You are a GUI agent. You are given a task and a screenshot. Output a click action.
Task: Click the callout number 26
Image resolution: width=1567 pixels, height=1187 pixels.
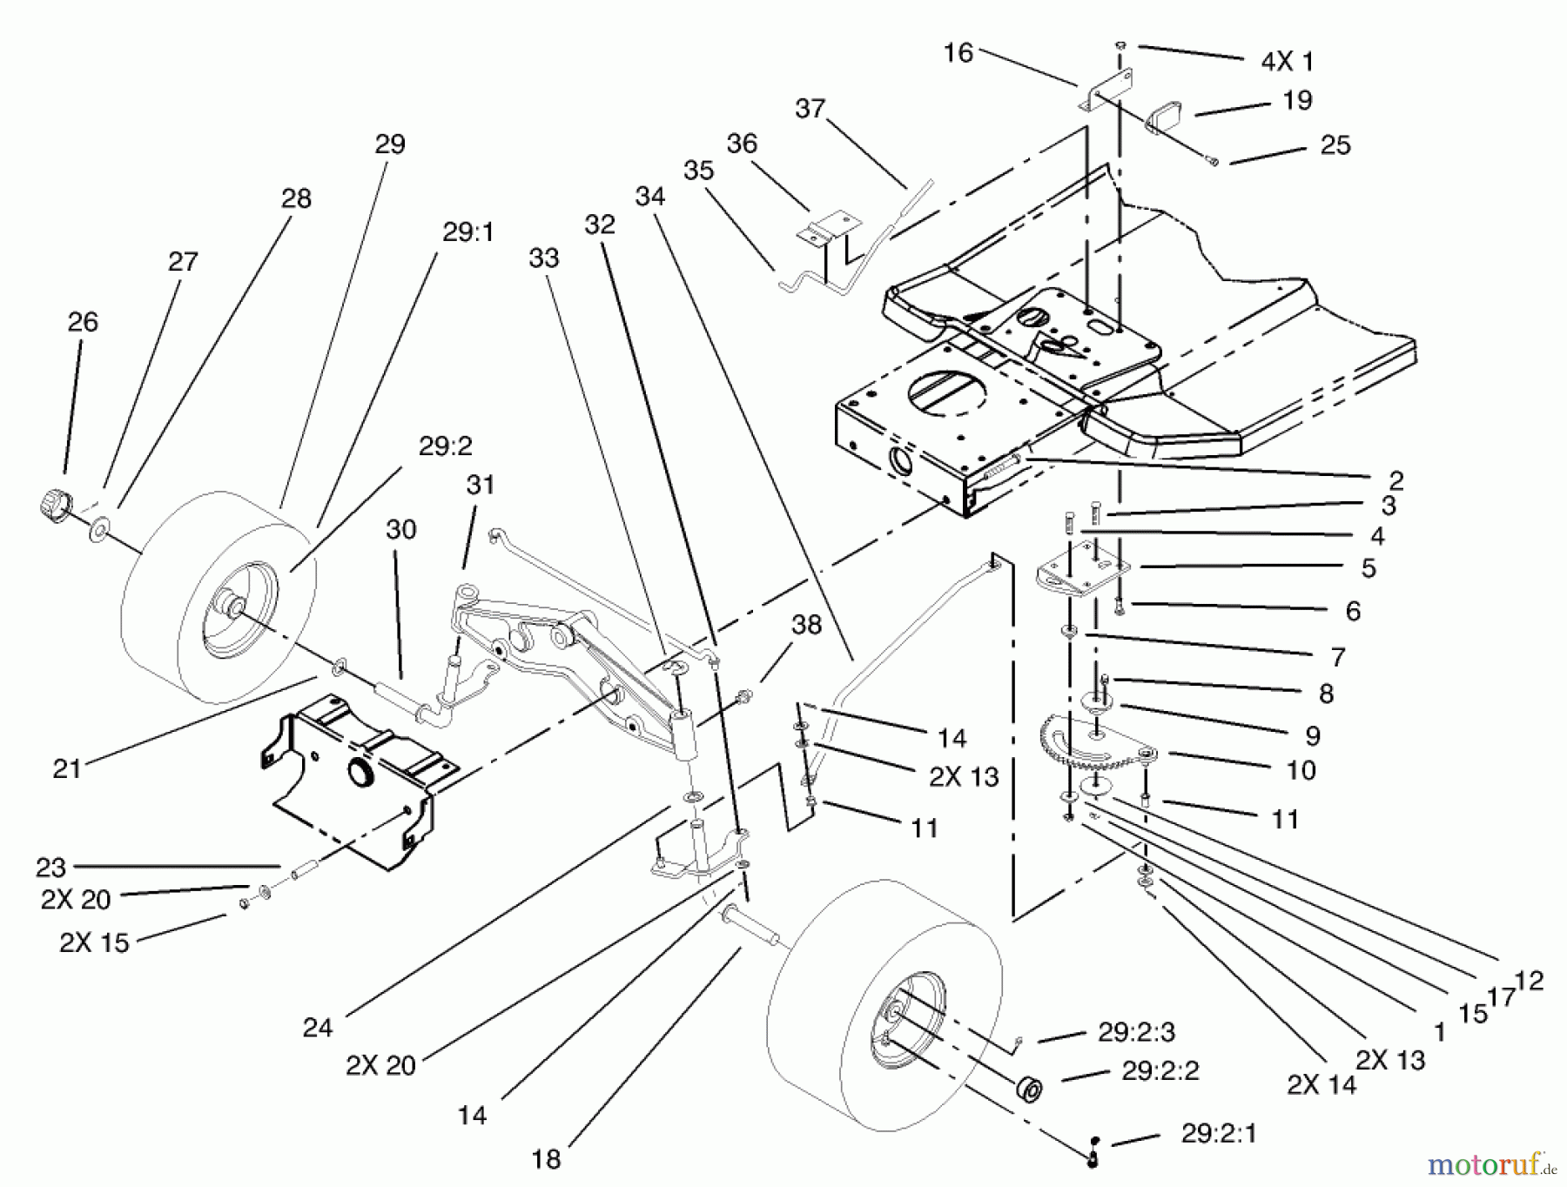83,322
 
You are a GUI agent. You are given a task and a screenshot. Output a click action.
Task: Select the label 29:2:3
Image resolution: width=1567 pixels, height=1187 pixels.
1136,1032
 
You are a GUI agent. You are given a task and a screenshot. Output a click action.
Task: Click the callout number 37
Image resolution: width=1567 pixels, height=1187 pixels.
810,109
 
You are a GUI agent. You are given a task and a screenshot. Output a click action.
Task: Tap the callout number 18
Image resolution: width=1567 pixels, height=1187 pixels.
547,1159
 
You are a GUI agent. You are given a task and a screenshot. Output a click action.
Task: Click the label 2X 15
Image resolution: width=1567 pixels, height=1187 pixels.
94,942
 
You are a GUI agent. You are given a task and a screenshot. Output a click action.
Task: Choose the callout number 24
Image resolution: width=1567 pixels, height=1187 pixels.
318,1028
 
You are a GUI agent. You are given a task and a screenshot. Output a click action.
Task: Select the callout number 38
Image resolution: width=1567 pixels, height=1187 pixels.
806,625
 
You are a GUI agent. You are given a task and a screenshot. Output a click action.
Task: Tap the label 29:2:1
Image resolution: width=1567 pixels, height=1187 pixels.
1219,1134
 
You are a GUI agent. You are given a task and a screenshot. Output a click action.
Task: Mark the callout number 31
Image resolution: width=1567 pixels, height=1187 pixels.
481,485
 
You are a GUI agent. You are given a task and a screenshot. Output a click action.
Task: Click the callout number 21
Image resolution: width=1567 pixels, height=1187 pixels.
67,768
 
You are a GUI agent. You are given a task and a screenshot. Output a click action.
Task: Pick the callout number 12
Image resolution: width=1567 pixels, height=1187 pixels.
1529,981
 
